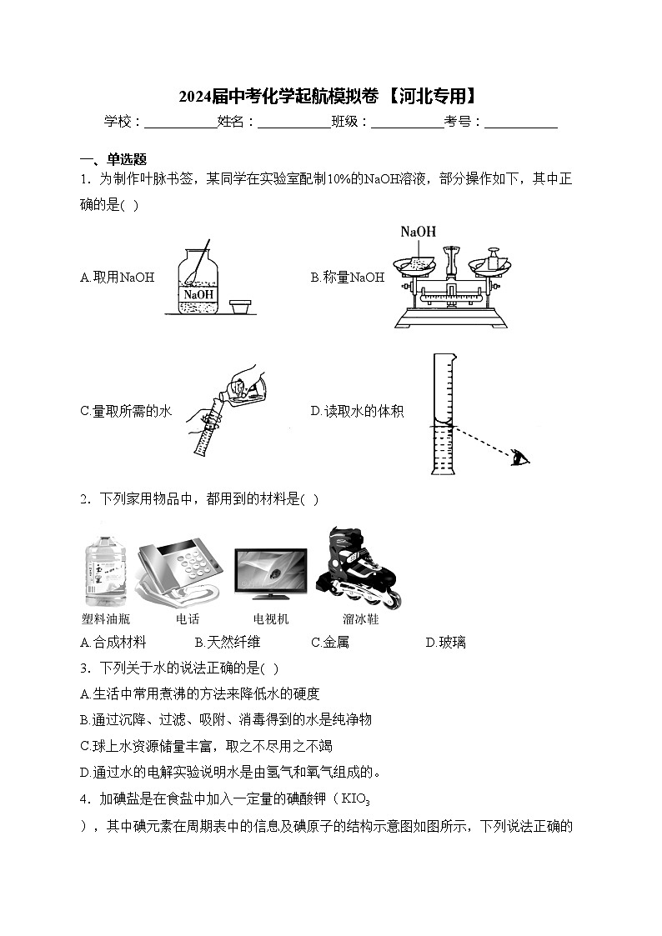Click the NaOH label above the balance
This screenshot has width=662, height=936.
tap(418, 232)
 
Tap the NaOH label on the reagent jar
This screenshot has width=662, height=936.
tap(198, 294)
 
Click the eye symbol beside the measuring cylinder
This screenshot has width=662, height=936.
tap(521, 457)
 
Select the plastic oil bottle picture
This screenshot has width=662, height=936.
tap(106, 572)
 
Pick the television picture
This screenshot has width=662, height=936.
tap(270, 574)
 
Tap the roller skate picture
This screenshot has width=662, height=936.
tap(359, 567)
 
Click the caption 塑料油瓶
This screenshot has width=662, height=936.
tap(106, 619)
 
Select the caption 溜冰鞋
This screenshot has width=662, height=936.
tap(360, 619)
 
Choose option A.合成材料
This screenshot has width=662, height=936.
tap(113, 642)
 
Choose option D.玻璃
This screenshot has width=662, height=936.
tap(446, 642)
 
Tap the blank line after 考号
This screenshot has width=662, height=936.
tap(521, 123)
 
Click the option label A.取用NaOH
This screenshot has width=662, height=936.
tap(118, 278)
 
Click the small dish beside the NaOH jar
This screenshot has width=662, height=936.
tap(242, 307)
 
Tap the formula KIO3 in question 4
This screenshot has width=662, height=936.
tap(351, 799)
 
